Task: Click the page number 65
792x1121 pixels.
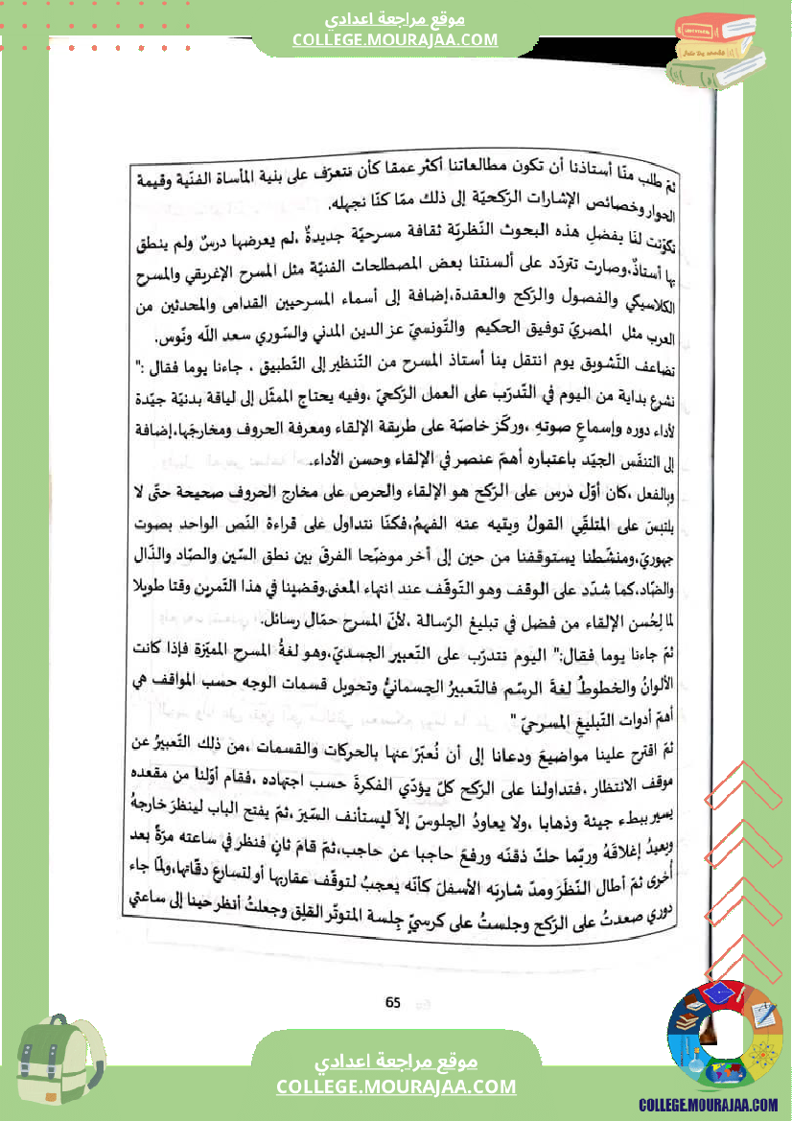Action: [392, 1002]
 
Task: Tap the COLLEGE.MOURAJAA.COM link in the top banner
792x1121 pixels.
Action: [395, 39]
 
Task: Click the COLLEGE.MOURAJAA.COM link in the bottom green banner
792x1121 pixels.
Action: [396, 1086]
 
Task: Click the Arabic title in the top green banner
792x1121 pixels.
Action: [395, 18]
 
